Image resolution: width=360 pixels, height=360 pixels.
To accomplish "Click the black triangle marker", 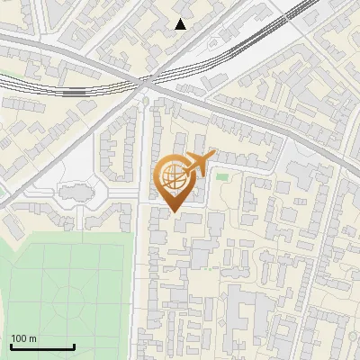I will click(180, 24).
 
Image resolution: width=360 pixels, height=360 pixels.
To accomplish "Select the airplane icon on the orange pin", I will click(199, 163).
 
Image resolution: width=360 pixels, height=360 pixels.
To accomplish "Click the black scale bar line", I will click(42, 346).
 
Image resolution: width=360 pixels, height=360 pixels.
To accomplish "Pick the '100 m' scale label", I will click(23, 338).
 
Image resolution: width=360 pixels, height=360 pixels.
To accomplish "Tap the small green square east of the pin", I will click(221, 176).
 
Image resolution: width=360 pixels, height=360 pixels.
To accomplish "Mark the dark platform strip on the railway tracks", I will click(76, 91).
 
